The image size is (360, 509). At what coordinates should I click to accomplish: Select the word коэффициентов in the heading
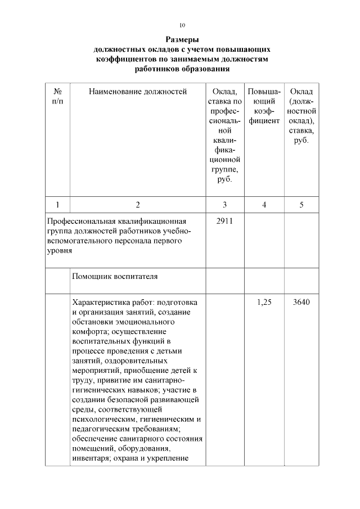point(128,59)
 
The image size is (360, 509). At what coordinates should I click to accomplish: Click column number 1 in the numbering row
point(57,205)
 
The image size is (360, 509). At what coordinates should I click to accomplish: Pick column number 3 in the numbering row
point(224,205)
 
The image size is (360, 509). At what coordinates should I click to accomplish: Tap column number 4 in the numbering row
point(264,205)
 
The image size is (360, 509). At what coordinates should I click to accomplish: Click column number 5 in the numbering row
point(301,205)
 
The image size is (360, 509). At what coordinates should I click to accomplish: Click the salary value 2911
point(224,222)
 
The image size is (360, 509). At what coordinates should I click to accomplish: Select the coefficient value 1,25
point(264,302)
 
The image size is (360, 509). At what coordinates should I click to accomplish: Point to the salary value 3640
point(301,302)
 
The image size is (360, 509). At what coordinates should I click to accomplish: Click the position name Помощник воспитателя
point(115,277)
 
